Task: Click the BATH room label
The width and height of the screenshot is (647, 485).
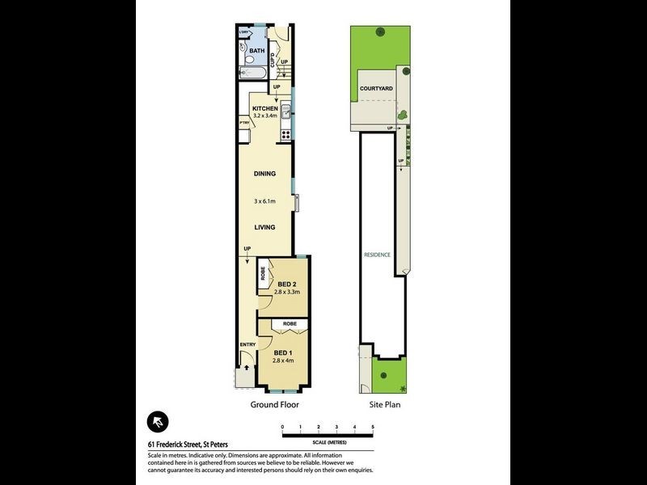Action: [256, 52]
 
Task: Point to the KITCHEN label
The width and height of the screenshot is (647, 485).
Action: [265, 108]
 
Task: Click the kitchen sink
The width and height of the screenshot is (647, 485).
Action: [285, 112]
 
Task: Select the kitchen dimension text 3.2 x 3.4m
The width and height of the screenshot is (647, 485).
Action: [265, 116]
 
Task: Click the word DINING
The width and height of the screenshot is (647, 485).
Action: [264, 174]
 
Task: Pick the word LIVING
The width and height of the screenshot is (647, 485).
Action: [264, 228]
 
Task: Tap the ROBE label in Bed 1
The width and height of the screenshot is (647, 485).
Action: [290, 324]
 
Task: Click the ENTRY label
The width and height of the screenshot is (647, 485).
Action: [247, 345]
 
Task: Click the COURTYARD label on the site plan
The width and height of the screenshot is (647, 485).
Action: [376, 88]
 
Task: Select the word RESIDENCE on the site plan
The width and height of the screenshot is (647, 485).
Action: [377, 255]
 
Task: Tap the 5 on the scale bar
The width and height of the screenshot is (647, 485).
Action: [373, 426]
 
